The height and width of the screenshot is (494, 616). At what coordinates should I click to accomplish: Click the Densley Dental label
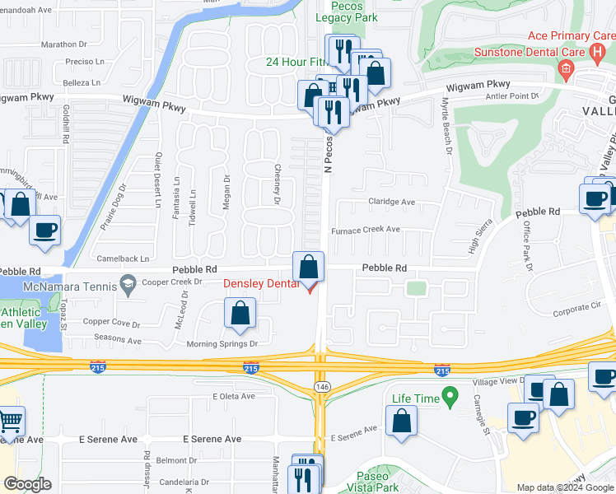262,284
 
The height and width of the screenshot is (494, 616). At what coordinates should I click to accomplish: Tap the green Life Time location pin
449,398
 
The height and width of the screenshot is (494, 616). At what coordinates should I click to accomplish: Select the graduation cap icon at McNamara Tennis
127,284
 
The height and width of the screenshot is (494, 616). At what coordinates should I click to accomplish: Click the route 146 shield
322,386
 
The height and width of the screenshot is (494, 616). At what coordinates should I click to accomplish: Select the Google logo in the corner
27,484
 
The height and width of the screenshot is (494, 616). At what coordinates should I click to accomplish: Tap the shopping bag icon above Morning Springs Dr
240,313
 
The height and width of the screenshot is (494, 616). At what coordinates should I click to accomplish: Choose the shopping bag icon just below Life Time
401,421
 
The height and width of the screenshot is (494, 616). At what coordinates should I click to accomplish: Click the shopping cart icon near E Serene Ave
11,422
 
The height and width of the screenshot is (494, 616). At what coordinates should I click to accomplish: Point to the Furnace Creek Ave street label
366,230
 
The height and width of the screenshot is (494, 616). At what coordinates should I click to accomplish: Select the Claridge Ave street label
391,202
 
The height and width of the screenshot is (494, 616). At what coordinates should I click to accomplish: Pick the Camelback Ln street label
121,258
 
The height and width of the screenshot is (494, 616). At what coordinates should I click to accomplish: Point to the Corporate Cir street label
576,306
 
